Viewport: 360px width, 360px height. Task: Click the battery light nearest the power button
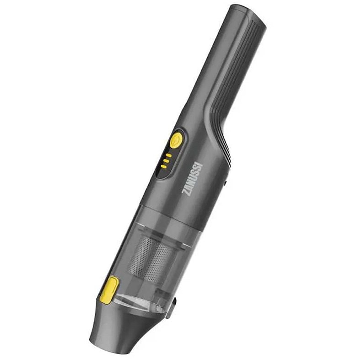point(169,156)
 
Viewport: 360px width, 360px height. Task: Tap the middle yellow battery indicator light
point(166,161)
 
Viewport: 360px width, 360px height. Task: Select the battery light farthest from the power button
point(163,166)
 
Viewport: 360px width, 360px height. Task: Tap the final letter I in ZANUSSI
point(200,164)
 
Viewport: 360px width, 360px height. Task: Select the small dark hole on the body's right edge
point(226,183)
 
